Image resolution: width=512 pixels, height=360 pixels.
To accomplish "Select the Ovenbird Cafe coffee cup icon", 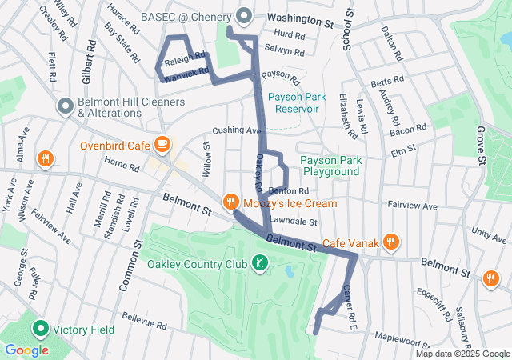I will coord(162,145).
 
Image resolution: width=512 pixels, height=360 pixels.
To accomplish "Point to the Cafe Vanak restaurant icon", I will coord(390,242).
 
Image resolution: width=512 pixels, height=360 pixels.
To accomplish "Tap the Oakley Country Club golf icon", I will coord(259,263).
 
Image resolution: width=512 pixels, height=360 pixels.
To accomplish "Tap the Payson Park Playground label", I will coord(330,166).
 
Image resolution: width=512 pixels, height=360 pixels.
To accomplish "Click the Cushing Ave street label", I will coord(237,130).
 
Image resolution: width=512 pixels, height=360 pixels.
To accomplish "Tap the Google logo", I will coord(27,350).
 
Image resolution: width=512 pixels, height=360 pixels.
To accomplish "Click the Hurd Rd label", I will coord(289,36).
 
